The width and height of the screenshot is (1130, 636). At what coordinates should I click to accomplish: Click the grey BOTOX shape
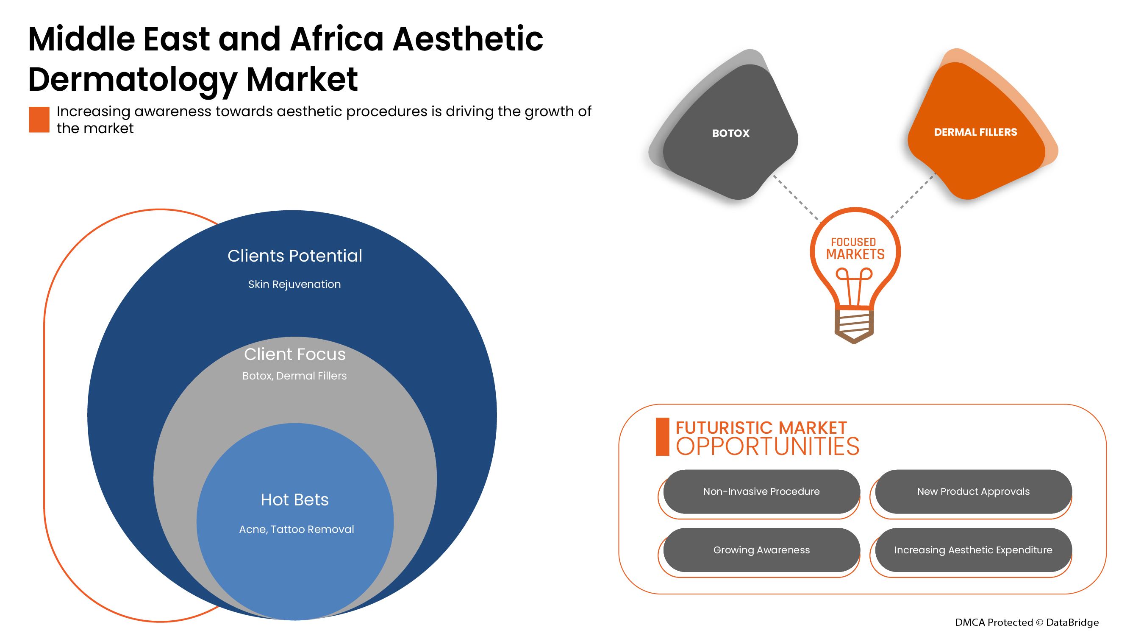(730, 132)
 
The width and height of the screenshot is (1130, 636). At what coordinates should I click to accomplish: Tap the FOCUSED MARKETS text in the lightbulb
(855, 248)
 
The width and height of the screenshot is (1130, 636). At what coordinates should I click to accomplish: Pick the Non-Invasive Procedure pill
(761, 491)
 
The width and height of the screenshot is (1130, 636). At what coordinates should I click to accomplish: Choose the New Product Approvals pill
(973, 491)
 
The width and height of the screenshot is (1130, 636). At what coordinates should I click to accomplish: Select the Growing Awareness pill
(761, 550)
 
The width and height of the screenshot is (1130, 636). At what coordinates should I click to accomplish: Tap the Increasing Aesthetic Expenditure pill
(973, 550)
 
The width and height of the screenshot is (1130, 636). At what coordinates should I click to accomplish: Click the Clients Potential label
(295, 256)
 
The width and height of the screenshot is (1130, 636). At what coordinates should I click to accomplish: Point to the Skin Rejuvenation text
(294, 285)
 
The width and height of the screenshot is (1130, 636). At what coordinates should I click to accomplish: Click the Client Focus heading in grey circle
(295, 354)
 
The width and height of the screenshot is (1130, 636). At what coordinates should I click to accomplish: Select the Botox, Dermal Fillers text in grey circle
(294, 376)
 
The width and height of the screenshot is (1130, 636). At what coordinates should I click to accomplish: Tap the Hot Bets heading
(294, 499)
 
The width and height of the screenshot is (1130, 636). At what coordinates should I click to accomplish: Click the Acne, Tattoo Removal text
(296, 529)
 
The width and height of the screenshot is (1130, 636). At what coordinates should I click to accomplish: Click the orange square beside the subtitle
(39, 120)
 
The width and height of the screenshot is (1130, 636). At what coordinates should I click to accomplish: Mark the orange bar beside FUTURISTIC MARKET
(662, 437)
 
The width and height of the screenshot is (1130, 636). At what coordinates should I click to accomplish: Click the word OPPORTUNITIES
(767, 446)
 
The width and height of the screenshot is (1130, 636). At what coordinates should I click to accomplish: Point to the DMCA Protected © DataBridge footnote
(1027, 622)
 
